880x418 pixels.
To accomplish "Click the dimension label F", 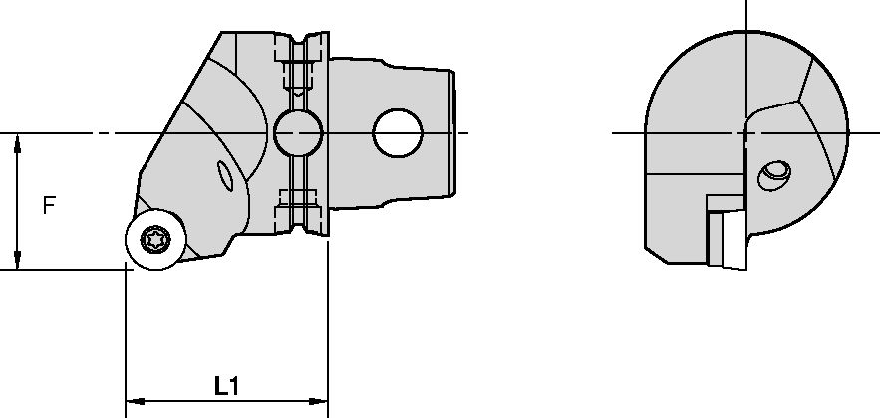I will coord(49,206).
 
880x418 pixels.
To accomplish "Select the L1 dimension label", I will coord(226,385).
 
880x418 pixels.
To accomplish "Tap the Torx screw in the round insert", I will coord(154,239).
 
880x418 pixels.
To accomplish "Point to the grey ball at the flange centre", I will coord(298,131).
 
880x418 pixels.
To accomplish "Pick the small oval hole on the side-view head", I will coord(227,179).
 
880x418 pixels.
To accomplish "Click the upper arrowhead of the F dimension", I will coord(18,144).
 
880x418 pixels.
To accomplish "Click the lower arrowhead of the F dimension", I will coord(18,261).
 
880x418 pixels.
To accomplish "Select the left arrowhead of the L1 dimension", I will coord(133,401).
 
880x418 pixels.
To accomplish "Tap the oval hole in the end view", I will coord(774,176).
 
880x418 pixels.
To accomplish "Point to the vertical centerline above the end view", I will coord(746,20).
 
